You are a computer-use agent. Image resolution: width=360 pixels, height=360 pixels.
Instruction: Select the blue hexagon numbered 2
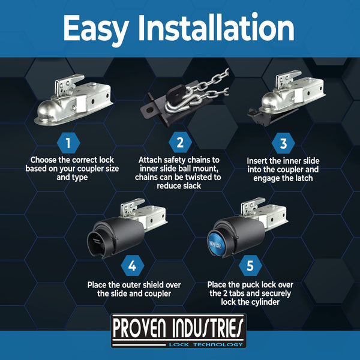pos(179,143)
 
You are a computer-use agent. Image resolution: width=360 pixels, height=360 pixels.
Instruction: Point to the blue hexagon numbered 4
pos(131,264)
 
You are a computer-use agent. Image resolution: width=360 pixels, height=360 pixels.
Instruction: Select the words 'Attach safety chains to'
pos(178,161)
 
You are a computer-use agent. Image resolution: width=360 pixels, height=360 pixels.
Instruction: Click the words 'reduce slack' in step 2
pos(178,187)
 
